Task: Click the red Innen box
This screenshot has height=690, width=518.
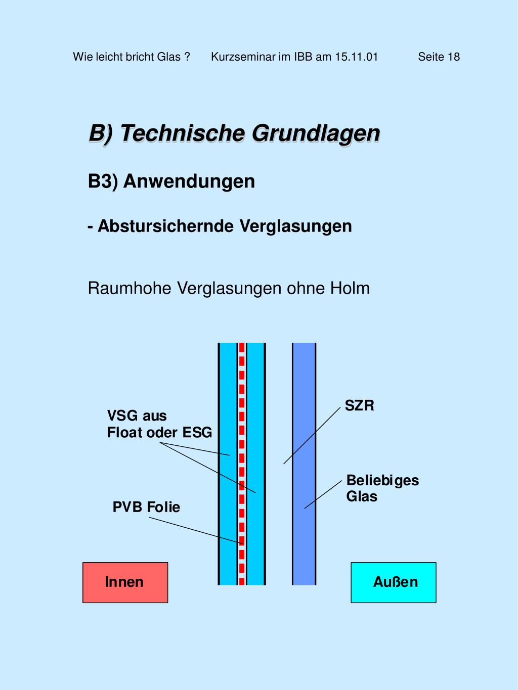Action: click(125, 582)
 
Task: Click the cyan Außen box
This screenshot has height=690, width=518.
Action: click(394, 582)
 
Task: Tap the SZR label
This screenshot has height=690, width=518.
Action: click(359, 405)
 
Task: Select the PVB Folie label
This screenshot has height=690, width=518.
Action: click(146, 507)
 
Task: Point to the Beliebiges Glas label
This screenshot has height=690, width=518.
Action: click(382, 488)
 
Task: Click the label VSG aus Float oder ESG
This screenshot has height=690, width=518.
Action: click(159, 424)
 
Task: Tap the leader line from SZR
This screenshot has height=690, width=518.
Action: click(312, 435)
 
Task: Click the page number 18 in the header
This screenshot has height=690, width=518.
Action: click(453, 57)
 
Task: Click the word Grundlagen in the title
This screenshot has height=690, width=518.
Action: click(316, 133)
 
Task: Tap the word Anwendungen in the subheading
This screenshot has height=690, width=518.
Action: click(189, 181)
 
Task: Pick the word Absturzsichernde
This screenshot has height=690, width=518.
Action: click(166, 226)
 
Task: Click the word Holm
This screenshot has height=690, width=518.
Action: click(350, 288)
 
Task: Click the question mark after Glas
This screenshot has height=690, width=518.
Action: click(187, 57)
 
